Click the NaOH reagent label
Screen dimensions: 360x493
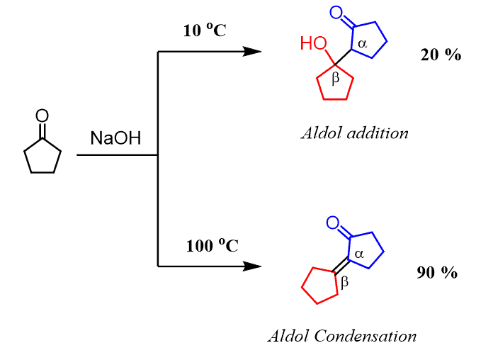(115, 138)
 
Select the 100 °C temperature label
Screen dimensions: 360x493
(212, 247)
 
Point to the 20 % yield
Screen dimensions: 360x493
(441, 55)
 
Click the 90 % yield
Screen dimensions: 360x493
(437, 272)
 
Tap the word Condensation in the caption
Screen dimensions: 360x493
(375, 335)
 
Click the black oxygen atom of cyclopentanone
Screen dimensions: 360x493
(42, 115)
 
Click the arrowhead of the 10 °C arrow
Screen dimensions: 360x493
(253, 51)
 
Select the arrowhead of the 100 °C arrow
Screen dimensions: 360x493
(253, 266)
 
